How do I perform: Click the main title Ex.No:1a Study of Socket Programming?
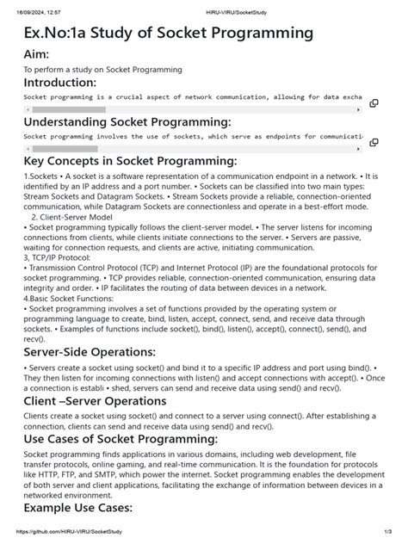coord(168,34)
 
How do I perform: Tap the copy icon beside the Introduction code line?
coord(374,102)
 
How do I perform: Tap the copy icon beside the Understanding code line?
coord(374,142)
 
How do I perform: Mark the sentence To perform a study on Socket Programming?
coord(102,69)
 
